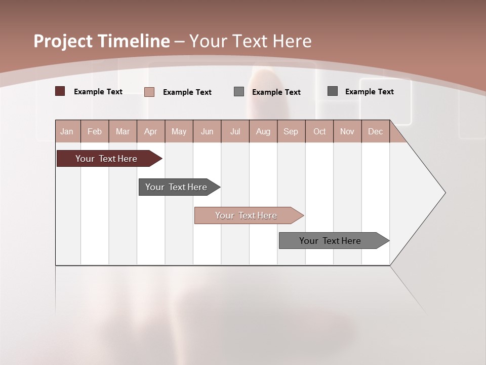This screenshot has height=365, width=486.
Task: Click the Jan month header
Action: click(67, 131)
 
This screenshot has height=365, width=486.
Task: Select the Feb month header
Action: click(95, 131)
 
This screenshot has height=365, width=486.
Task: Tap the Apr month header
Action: click(151, 131)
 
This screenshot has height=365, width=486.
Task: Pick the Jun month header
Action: click(207, 131)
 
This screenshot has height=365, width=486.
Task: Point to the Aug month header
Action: click(263, 131)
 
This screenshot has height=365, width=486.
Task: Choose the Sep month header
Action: click(291, 131)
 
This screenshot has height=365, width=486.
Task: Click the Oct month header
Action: click(319, 131)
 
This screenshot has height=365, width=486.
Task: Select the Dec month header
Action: click(376, 131)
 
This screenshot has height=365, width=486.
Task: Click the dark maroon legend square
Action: click(60, 91)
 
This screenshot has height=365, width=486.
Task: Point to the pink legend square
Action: click(149, 92)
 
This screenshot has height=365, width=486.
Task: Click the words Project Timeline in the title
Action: click(102, 41)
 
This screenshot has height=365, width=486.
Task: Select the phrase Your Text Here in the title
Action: click(250, 41)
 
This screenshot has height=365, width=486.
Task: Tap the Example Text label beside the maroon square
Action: click(98, 92)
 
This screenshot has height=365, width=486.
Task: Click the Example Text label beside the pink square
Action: click(187, 92)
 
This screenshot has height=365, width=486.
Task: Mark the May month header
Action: click(179, 131)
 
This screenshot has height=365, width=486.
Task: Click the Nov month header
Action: click(347, 131)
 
